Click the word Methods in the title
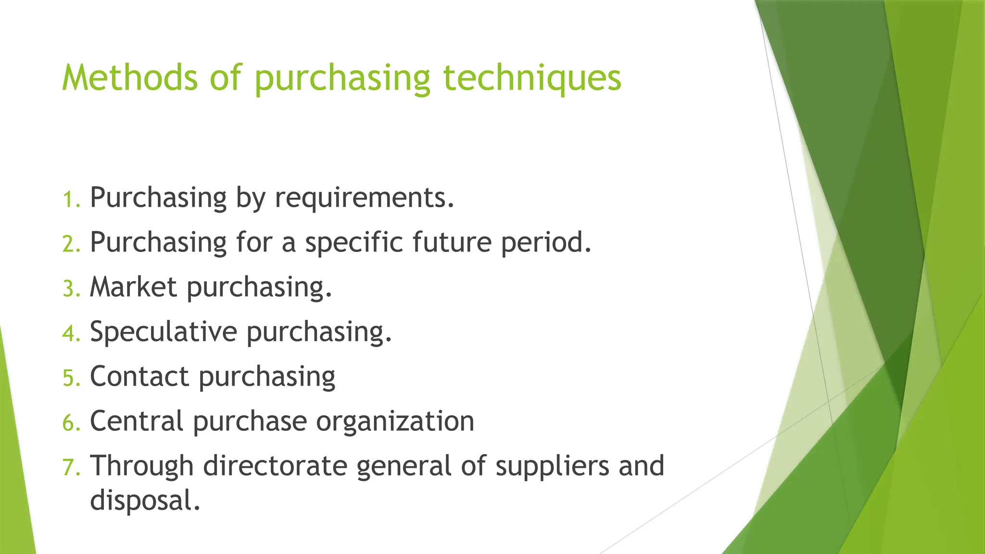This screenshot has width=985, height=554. (130, 78)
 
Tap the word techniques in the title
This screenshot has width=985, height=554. (532, 78)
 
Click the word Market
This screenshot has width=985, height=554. (134, 287)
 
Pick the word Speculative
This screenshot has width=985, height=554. (164, 332)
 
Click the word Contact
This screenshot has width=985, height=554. (139, 377)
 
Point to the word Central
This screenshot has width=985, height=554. (137, 421)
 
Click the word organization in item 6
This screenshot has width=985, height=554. (395, 421)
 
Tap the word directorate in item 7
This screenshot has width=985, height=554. (275, 466)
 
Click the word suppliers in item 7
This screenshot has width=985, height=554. (552, 466)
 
